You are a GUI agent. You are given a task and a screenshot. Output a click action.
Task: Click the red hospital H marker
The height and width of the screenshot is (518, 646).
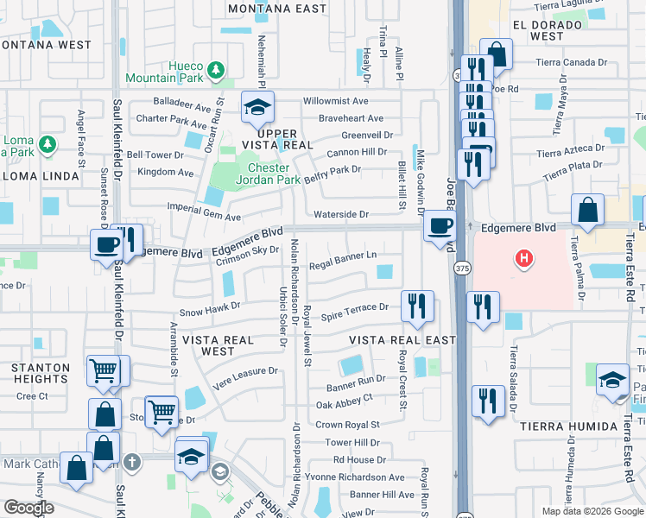(x=522, y=257)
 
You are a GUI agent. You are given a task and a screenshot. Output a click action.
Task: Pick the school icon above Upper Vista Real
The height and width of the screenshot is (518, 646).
(x=257, y=107)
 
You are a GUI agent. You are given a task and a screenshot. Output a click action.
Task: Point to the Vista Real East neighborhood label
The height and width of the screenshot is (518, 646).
(x=402, y=340)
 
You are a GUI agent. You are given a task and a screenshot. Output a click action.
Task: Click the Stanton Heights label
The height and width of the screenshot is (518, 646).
(x=41, y=373)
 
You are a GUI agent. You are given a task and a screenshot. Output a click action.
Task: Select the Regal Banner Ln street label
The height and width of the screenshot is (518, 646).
(x=343, y=256)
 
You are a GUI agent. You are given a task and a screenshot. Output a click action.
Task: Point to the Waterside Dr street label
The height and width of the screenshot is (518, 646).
(x=341, y=214)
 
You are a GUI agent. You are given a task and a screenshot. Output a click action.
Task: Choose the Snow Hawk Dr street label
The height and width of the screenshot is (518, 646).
(x=209, y=306)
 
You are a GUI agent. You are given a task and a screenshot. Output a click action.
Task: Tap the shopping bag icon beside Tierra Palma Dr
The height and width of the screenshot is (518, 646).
(x=587, y=211)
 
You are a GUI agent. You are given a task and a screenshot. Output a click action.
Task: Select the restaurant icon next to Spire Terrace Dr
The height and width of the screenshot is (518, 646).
(x=416, y=306)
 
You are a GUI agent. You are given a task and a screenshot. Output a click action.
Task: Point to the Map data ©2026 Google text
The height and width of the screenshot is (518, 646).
(x=592, y=511)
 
